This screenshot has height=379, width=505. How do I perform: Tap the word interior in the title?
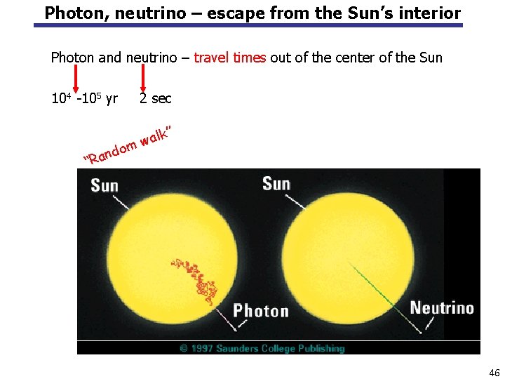[x=431, y=13]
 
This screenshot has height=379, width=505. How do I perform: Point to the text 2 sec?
[x=155, y=99]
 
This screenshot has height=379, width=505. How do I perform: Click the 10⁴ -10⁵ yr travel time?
[x=84, y=99]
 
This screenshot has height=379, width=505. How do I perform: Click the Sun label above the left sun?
[x=104, y=186]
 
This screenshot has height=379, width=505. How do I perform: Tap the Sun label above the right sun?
[x=276, y=184]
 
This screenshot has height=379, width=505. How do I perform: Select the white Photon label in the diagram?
[x=261, y=311]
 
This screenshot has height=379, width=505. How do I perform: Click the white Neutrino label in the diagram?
[x=441, y=308]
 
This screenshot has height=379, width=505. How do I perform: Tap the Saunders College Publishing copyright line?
[x=262, y=348]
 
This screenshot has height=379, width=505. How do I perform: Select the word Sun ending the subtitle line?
[x=429, y=58]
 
